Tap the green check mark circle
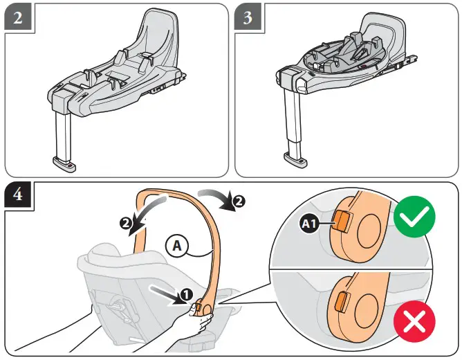(x=414, y=219)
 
